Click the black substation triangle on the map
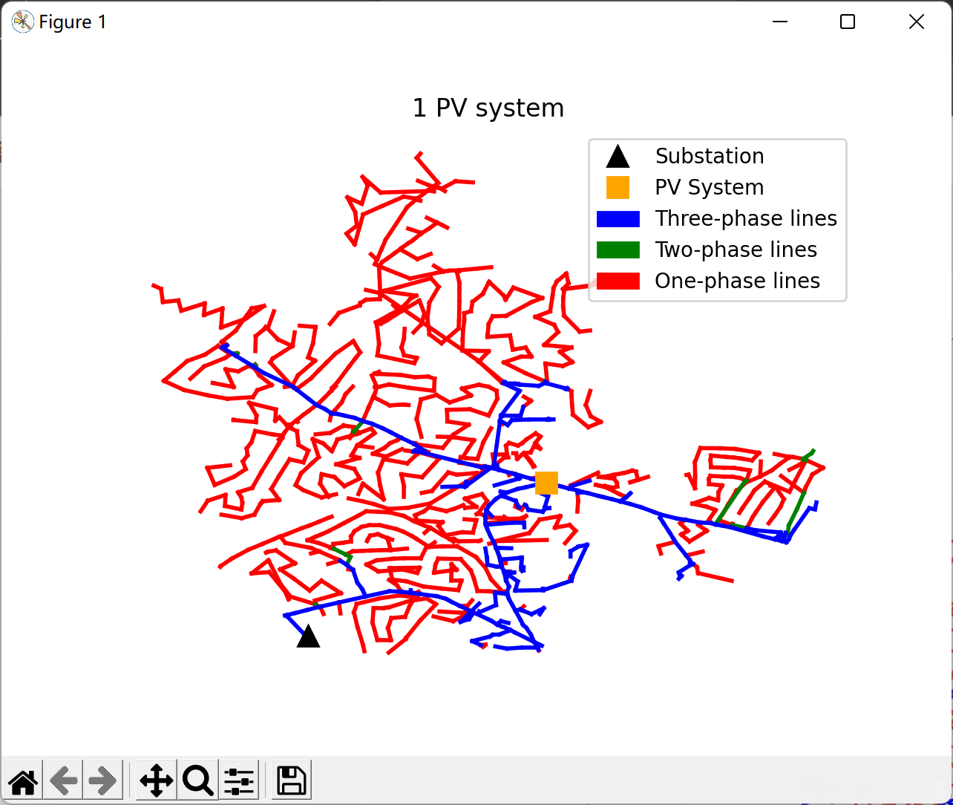(308, 636)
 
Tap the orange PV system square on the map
(546, 483)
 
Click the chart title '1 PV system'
(488, 108)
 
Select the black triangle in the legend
(618, 157)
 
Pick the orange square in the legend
(618, 187)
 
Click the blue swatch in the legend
(618, 218)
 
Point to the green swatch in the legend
(618, 250)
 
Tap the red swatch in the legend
(618, 281)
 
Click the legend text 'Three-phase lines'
(745, 218)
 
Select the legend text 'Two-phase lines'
(736, 250)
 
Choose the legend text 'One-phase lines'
(737, 281)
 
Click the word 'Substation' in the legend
(709, 156)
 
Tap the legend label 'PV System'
(709, 187)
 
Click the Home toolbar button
(23, 780)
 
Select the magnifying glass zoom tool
(197, 780)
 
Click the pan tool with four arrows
(156, 780)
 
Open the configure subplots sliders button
(239, 780)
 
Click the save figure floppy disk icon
(291, 780)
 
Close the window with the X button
(917, 22)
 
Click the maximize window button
(848, 22)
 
